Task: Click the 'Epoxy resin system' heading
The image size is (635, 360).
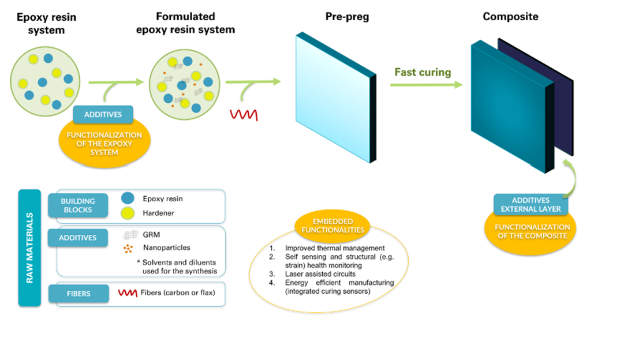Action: tap(46, 22)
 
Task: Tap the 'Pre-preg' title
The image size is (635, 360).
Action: tap(347, 17)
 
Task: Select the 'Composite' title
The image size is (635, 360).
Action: tap(510, 17)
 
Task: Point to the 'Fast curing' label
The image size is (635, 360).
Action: tap(423, 73)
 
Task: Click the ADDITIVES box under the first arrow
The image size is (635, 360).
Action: tap(103, 114)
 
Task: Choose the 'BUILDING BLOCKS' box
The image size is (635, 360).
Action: tap(77, 205)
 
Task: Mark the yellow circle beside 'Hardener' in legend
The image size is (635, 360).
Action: tap(129, 213)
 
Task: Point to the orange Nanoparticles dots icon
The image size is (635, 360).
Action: tap(129, 248)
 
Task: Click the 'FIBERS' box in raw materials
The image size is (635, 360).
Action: tap(78, 293)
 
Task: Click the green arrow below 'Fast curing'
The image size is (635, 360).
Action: tap(426, 85)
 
